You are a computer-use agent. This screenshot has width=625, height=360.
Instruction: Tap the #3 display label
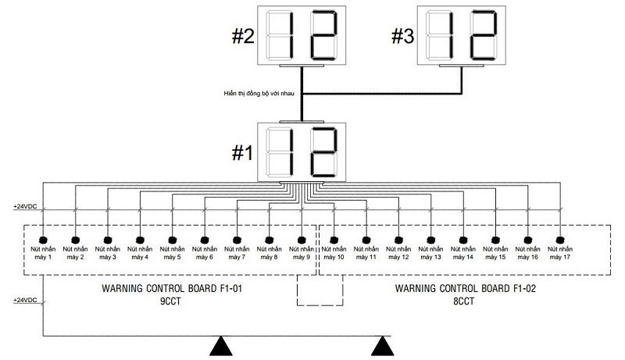coord(402,37)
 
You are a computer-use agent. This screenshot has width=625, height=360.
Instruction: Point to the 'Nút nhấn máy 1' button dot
coord(43,238)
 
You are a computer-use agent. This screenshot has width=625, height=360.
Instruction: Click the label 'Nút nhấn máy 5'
coord(173,252)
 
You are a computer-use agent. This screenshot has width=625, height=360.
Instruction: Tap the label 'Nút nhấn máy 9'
coord(302,252)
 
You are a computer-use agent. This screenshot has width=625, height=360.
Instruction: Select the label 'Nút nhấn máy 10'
coord(334,252)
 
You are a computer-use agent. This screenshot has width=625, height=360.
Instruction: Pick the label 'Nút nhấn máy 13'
coord(431,252)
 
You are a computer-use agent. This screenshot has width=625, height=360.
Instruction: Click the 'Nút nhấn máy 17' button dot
coord(560,238)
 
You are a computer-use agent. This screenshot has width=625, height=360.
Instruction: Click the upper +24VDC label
coord(26,207)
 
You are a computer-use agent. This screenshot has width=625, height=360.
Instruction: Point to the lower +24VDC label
coord(26,301)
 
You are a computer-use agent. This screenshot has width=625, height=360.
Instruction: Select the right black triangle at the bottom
coord(382,346)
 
